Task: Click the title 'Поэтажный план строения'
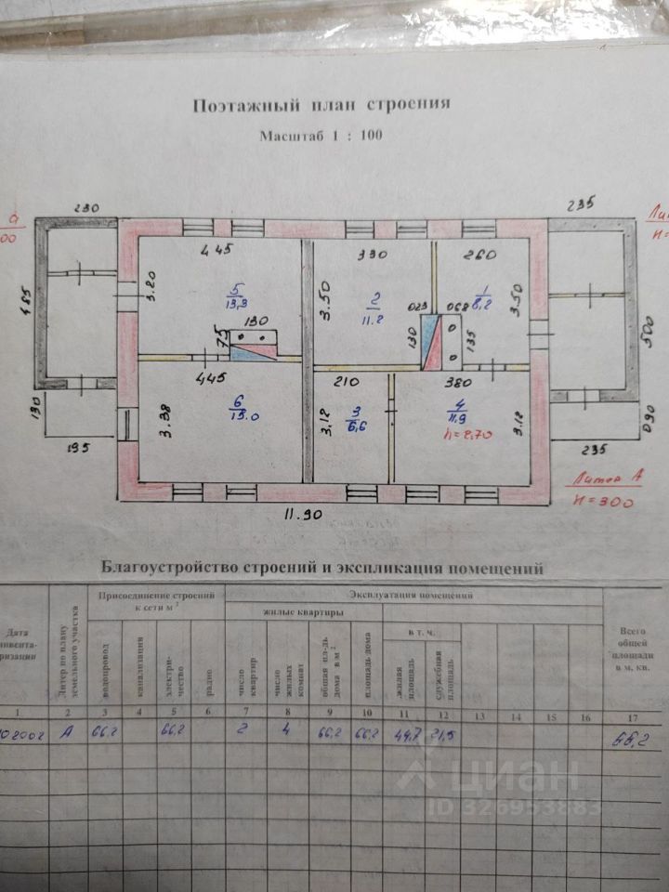321,104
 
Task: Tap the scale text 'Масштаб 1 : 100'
321,135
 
